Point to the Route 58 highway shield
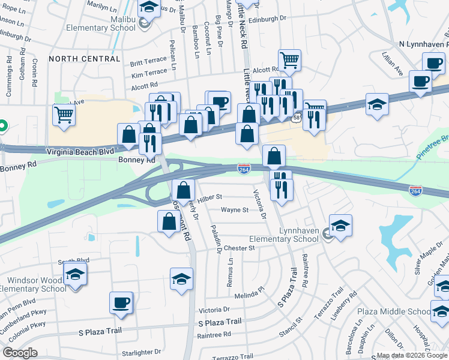click(297, 118)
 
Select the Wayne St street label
click(234, 210)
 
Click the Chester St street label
click(240, 248)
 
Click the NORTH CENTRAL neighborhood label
click(85, 59)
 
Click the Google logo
click(20, 353)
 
